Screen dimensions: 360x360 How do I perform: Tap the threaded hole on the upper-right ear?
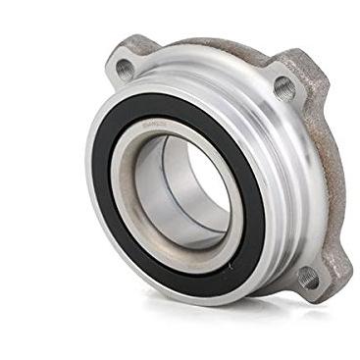pos(284,88)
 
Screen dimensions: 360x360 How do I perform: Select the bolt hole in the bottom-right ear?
pos(310,278)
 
